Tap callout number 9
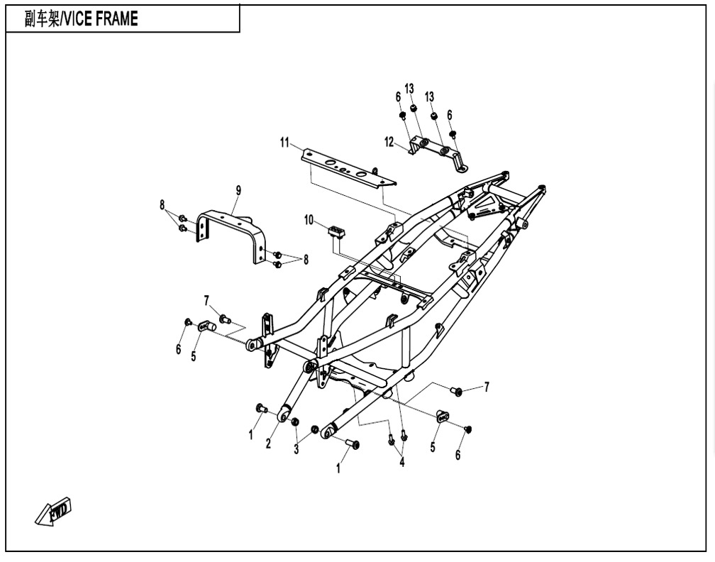click(238, 191)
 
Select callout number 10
click(309, 221)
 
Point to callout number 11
click(284, 143)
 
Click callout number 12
click(389, 143)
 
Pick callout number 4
click(401, 463)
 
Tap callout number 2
click(268, 443)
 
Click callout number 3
click(296, 449)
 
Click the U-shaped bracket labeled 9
click(232, 236)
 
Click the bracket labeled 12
click(438, 153)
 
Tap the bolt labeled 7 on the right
click(455, 390)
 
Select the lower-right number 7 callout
click(487, 387)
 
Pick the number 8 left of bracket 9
click(162, 205)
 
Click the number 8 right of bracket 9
click(306, 260)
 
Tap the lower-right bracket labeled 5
click(443, 416)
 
